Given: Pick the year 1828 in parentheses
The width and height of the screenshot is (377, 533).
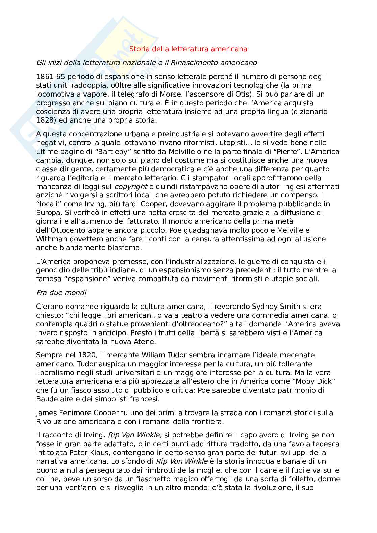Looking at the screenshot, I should click(45, 121).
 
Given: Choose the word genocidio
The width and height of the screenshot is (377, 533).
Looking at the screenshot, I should click(52, 270).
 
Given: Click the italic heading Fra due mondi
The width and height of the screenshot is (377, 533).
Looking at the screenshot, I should click(61, 293).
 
